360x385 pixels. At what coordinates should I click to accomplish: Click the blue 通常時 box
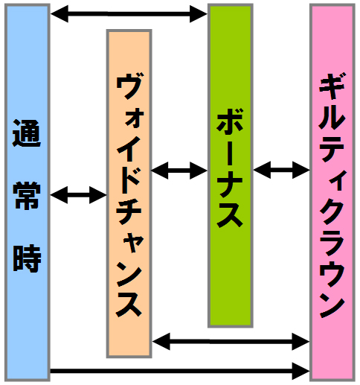click(28, 192)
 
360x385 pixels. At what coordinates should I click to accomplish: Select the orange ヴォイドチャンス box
click(129, 194)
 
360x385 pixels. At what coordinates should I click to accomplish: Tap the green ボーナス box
click(231, 165)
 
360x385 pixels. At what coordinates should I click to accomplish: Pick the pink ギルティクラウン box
click(332, 192)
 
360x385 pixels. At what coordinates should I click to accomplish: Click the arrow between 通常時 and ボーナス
click(129, 14)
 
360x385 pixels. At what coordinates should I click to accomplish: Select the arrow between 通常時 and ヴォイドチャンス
click(78, 195)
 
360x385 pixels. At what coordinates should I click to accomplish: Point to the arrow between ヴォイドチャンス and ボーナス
click(179, 171)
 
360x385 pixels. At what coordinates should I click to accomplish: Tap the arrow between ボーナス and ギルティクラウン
click(281, 170)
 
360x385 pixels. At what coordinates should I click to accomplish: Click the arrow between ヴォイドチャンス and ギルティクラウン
click(231, 342)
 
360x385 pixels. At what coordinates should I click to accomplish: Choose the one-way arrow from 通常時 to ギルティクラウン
click(180, 371)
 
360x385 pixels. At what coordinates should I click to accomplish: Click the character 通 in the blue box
click(27, 133)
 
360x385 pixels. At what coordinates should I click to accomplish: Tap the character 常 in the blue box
click(27, 196)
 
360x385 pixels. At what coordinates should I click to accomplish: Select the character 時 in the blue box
click(27, 258)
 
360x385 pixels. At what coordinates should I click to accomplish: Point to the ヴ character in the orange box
click(129, 86)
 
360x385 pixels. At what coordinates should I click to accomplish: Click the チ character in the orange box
click(129, 211)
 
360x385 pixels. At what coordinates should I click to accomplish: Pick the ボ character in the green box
click(230, 122)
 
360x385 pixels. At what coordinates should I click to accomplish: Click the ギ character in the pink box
click(332, 86)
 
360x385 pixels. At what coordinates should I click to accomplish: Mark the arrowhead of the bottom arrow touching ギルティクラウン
click(301, 371)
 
